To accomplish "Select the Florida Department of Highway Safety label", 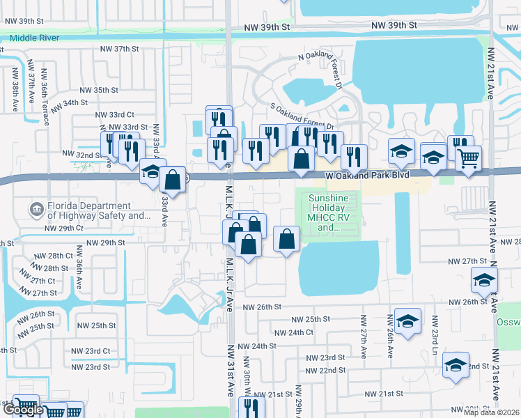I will pyautogui.click(x=90, y=211).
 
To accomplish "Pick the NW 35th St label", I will pyautogui.click(x=100, y=90).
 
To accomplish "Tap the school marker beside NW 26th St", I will pyautogui.click(x=484, y=280).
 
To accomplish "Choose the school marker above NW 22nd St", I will pyautogui.click(x=456, y=364).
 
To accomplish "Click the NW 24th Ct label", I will pyautogui.click(x=294, y=332).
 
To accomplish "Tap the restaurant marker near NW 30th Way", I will pyautogui.click(x=252, y=408).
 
